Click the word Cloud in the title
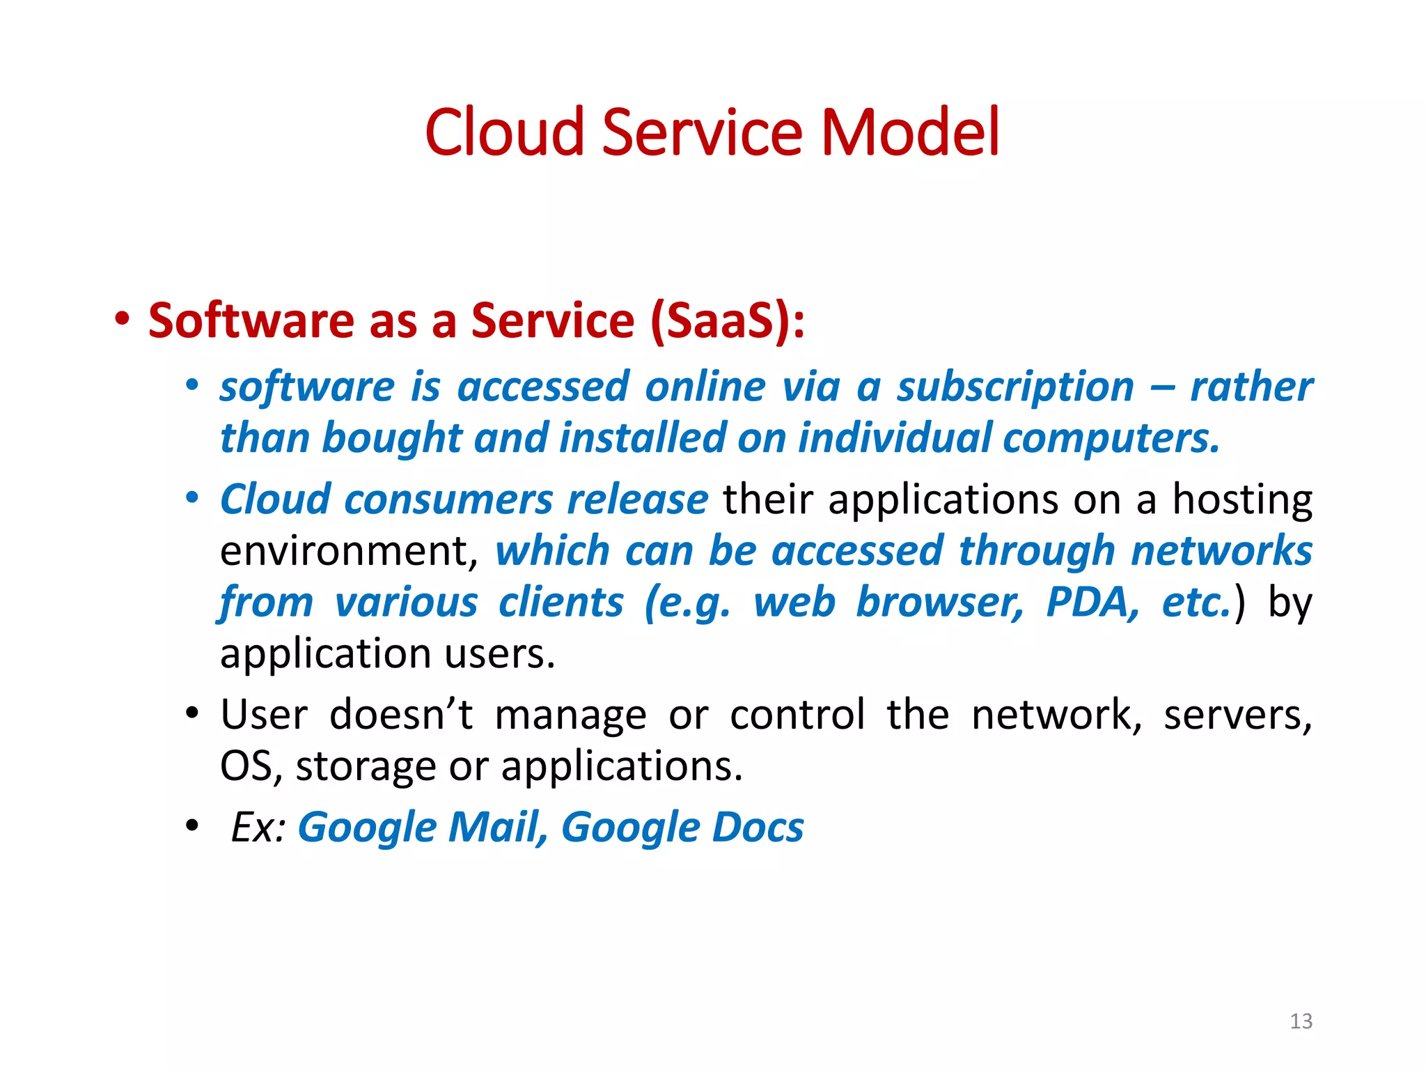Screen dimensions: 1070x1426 (x=504, y=132)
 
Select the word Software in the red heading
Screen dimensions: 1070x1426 (x=251, y=321)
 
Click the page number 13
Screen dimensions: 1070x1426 (x=1301, y=1021)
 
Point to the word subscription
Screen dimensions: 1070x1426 (x=1015, y=387)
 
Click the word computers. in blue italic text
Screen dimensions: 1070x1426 (x=1111, y=439)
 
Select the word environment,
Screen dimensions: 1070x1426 (x=349, y=552)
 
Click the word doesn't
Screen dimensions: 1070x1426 (x=401, y=715)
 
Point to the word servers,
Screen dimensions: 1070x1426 (x=1237, y=715)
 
